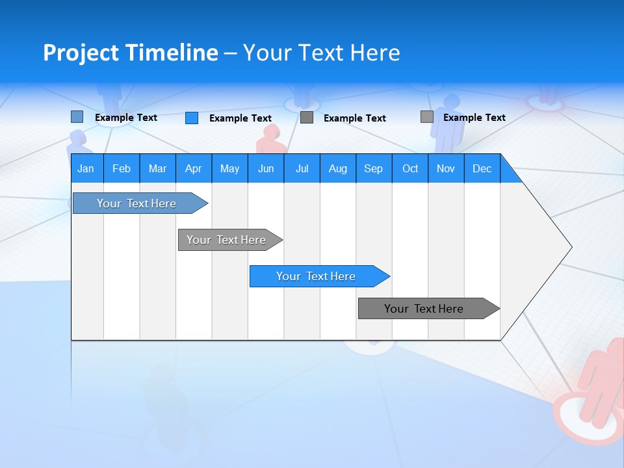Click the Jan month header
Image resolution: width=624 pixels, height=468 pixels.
pyautogui.click(x=86, y=168)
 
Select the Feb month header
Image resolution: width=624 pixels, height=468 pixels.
pyautogui.click(x=122, y=168)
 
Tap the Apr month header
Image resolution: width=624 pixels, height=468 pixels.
pyautogui.click(x=193, y=168)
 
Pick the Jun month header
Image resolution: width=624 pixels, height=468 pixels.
pyautogui.click(x=266, y=168)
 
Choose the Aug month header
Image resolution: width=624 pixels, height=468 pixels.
pyautogui.click(x=337, y=168)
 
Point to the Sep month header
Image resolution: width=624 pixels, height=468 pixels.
pyautogui.click(x=373, y=168)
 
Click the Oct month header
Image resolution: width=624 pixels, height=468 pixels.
pyautogui.click(x=410, y=168)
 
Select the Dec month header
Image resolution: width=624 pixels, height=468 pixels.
pyautogui.click(x=482, y=168)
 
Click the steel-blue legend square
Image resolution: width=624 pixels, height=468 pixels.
pyautogui.click(x=77, y=117)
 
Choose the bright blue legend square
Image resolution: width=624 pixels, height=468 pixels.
pyautogui.click(x=192, y=118)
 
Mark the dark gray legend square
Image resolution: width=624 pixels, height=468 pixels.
pyautogui.click(x=307, y=118)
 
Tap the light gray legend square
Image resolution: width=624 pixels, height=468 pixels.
pyautogui.click(x=426, y=117)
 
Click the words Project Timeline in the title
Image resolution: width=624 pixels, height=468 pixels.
pyautogui.click(x=130, y=53)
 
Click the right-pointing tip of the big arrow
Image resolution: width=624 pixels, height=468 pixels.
pyautogui.click(x=569, y=247)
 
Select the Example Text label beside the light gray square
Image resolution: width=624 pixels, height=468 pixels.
pyautogui.click(x=474, y=118)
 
